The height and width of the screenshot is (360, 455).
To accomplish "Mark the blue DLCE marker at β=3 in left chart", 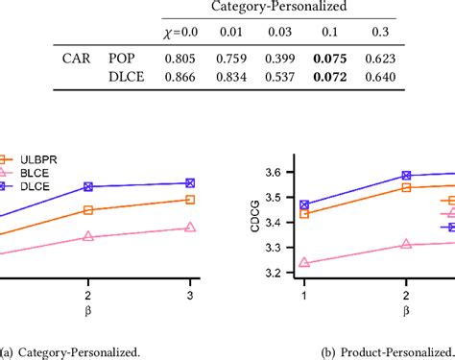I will click(190, 182).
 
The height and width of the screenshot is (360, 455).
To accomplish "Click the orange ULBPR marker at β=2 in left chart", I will click(88, 210).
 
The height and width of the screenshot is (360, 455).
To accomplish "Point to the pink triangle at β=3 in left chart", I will click(190, 228).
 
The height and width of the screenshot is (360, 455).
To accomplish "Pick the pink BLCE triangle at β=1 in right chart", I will click(305, 262).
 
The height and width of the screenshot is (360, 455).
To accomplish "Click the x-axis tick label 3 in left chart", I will click(190, 295).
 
